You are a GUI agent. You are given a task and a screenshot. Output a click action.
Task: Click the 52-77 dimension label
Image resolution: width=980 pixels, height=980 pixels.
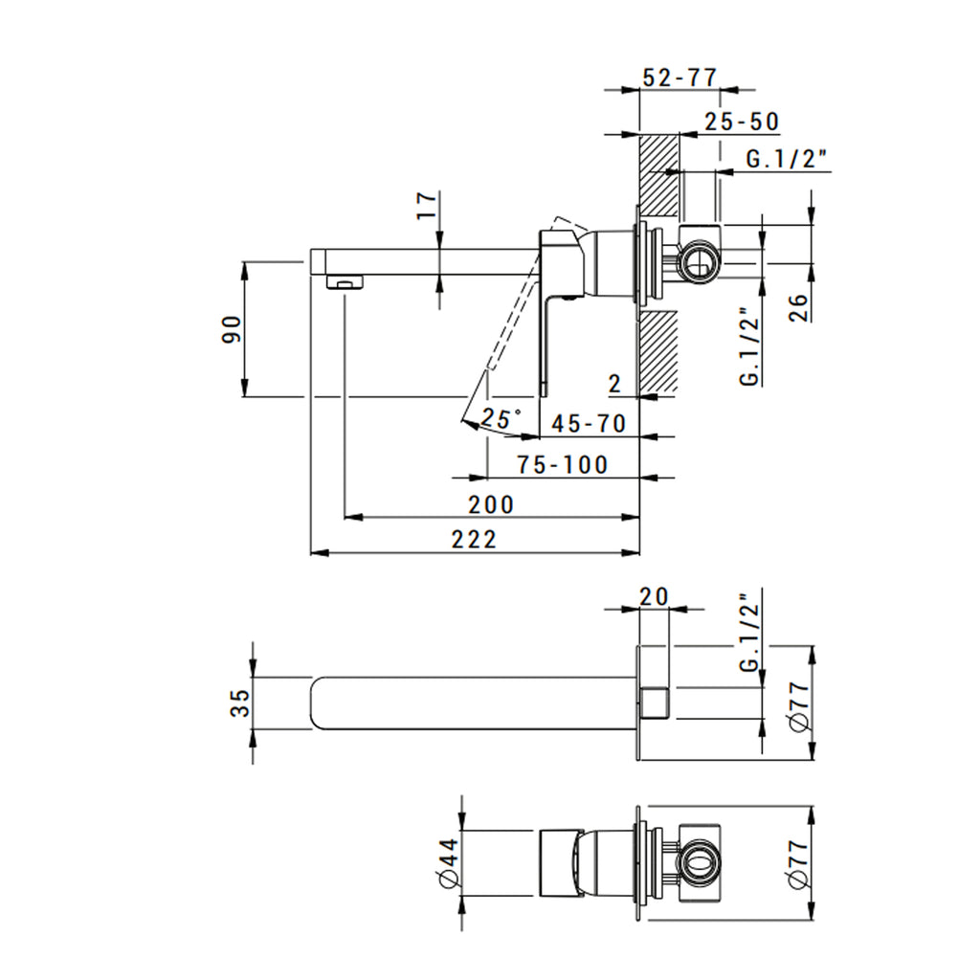point(679,78)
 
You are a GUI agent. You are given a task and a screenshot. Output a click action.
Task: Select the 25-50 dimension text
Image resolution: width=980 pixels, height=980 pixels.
point(743,122)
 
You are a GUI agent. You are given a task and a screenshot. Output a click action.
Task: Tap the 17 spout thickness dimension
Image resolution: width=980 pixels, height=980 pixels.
point(428,206)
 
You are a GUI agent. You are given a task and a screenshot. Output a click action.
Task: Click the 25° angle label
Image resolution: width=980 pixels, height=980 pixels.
point(501,418)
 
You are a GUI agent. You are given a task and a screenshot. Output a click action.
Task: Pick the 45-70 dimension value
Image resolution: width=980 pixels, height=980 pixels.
point(589,424)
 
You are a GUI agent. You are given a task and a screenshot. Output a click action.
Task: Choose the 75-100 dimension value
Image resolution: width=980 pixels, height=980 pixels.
point(563,465)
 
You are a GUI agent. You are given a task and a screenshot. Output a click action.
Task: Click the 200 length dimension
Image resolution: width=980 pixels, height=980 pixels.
point(491,504)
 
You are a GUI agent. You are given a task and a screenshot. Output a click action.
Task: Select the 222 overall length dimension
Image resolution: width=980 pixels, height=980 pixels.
point(475,540)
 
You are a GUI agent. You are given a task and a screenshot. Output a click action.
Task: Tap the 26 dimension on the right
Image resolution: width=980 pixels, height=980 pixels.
point(800,305)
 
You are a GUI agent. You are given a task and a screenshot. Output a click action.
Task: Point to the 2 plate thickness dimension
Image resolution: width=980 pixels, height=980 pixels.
point(615,385)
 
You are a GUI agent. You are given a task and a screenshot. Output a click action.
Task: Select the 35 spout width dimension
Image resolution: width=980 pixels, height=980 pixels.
point(240,703)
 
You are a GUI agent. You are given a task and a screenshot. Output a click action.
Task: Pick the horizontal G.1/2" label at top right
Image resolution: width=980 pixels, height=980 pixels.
point(786,160)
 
